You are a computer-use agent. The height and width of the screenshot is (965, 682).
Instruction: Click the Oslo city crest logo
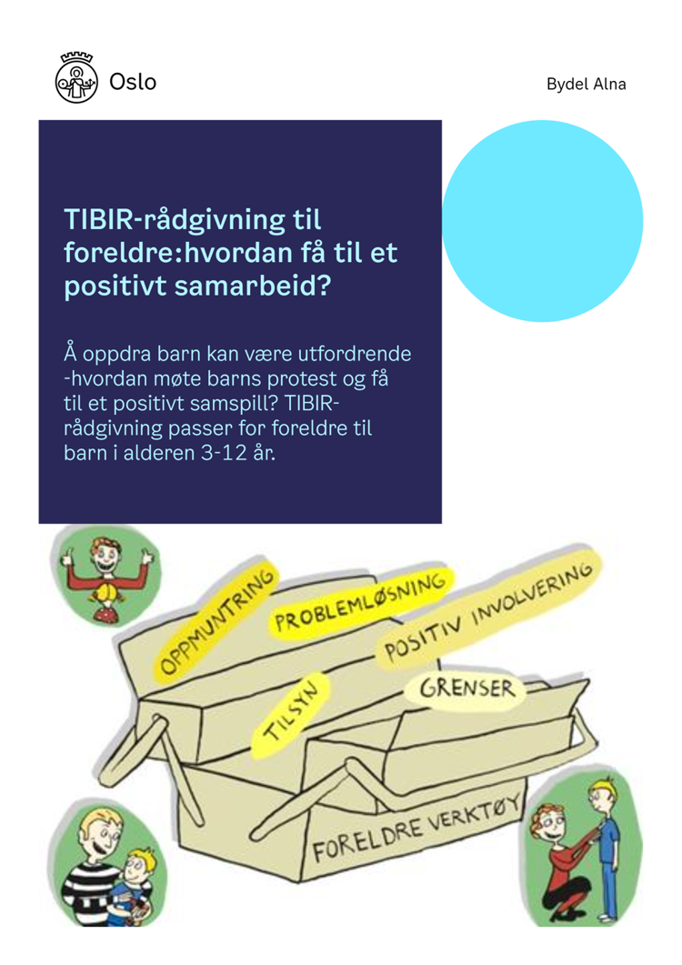coord(76,77)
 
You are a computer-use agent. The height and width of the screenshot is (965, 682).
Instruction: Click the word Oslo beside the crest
coord(133,82)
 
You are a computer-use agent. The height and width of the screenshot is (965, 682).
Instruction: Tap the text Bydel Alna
coord(586,84)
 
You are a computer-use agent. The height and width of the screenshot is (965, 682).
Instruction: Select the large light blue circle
coord(542,221)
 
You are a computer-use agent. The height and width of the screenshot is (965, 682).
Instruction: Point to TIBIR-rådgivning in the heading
coord(193,220)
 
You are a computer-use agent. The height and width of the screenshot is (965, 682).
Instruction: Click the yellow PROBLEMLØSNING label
coord(361,602)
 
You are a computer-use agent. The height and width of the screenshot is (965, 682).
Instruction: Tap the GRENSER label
coord(466,689)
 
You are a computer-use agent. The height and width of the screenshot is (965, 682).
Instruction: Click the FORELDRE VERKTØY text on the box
coord(416,831)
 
